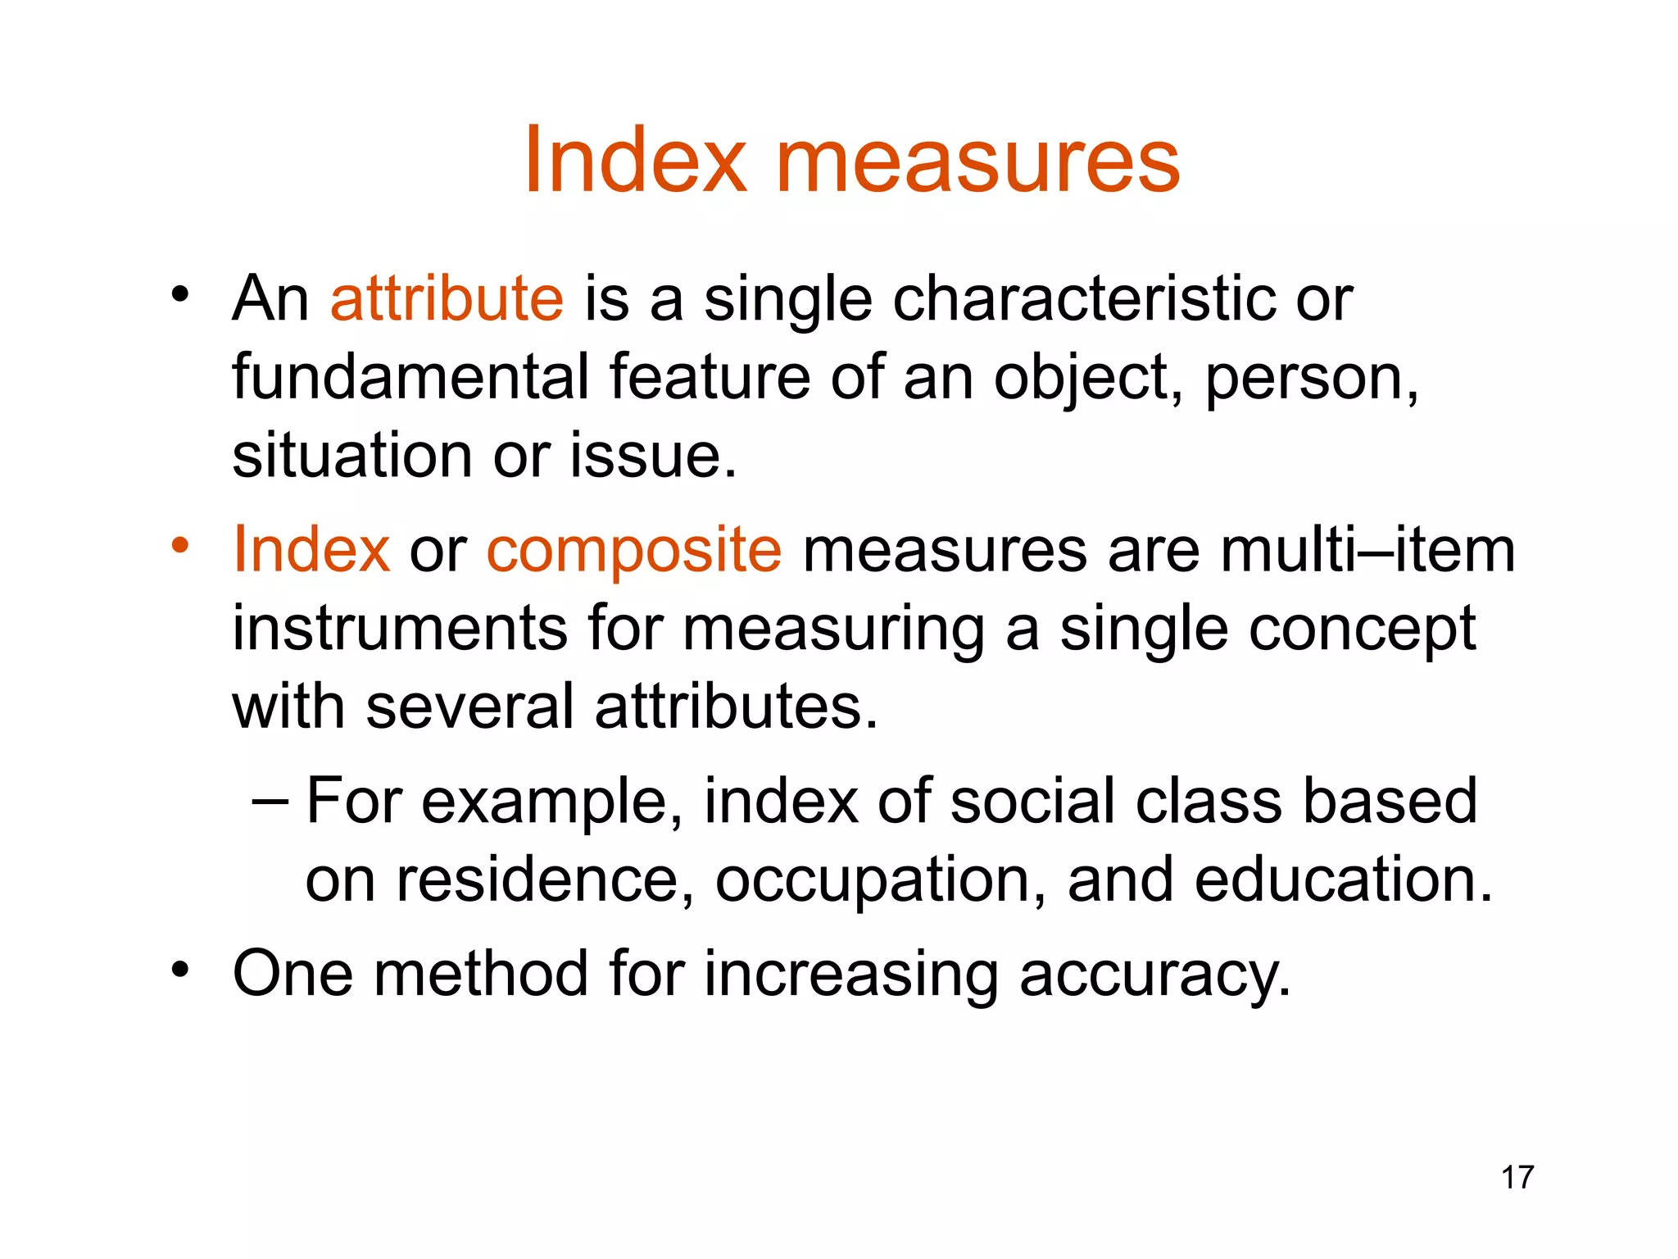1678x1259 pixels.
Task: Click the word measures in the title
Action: tap(977, 161)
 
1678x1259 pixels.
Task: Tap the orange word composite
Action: tap(634, 551)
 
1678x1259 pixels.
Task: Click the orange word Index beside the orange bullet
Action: tap(311, 549)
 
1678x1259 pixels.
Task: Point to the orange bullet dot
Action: tap(180, 544)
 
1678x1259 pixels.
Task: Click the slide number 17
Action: tap(1517, 1178)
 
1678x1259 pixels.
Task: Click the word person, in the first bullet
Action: tap(1312, 379)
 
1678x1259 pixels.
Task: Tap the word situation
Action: tap(352, 456)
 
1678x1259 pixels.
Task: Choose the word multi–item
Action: tap(1367, 549)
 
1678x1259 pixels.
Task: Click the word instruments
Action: tap(400, 629)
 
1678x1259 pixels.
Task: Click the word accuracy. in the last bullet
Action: tap(1154, 975)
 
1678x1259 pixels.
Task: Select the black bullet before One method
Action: tap(180, 970)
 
